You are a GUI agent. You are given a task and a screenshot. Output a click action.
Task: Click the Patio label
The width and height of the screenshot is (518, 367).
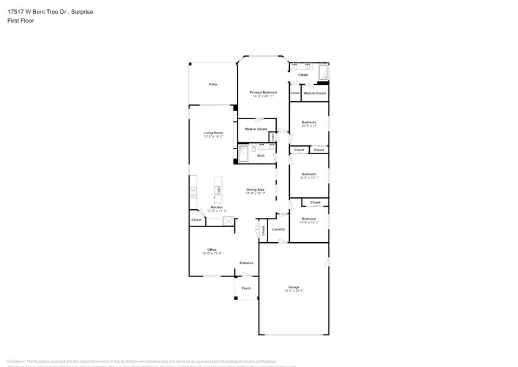click(213, 84)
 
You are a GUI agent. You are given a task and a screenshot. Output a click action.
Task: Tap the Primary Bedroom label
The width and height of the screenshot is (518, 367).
click(263, 92)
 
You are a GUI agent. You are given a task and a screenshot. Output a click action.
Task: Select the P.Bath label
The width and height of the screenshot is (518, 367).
click(304, 76)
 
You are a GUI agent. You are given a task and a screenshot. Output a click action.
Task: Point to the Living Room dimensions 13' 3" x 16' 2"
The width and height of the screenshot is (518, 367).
click(213, 137)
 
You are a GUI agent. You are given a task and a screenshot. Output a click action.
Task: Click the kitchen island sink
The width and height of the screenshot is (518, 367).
click(218, 190)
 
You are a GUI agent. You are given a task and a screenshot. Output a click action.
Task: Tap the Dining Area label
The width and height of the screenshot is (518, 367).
click(256, 190)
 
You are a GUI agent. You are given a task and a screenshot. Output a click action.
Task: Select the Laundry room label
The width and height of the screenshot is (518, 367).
click(278, 229)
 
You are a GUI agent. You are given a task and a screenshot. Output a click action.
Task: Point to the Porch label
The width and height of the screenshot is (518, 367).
click(246, 288)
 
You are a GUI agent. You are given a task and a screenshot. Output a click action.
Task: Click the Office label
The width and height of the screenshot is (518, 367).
click(212, 250)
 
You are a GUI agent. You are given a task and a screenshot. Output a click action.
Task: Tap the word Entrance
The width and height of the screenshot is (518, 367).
click(246, 263)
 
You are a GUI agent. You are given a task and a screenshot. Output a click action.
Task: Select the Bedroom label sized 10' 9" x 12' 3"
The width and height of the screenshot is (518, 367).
click(309, 218)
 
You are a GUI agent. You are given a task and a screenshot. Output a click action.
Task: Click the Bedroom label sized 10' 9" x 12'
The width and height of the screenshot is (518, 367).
click(309, 122)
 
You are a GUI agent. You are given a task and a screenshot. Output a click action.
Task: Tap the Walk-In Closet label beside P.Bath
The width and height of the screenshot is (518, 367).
click(315, 93)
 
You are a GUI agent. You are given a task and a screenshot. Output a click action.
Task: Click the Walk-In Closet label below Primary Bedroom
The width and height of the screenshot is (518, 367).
click(256, 129)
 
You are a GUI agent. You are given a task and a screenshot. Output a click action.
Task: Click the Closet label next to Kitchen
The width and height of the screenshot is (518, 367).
click(196, 220)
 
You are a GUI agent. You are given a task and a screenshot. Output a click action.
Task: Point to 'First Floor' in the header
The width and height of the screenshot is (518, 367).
click(22, 21)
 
